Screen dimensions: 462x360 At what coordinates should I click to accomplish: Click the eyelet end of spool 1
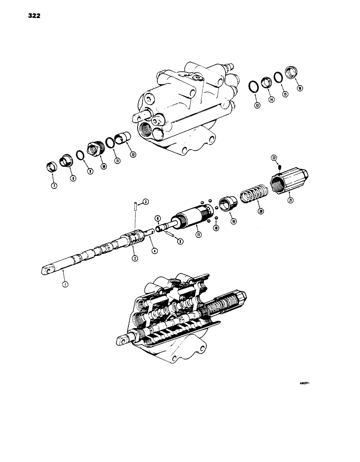[46, 271]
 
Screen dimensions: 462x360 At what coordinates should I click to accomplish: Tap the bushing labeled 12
[123, 138]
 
